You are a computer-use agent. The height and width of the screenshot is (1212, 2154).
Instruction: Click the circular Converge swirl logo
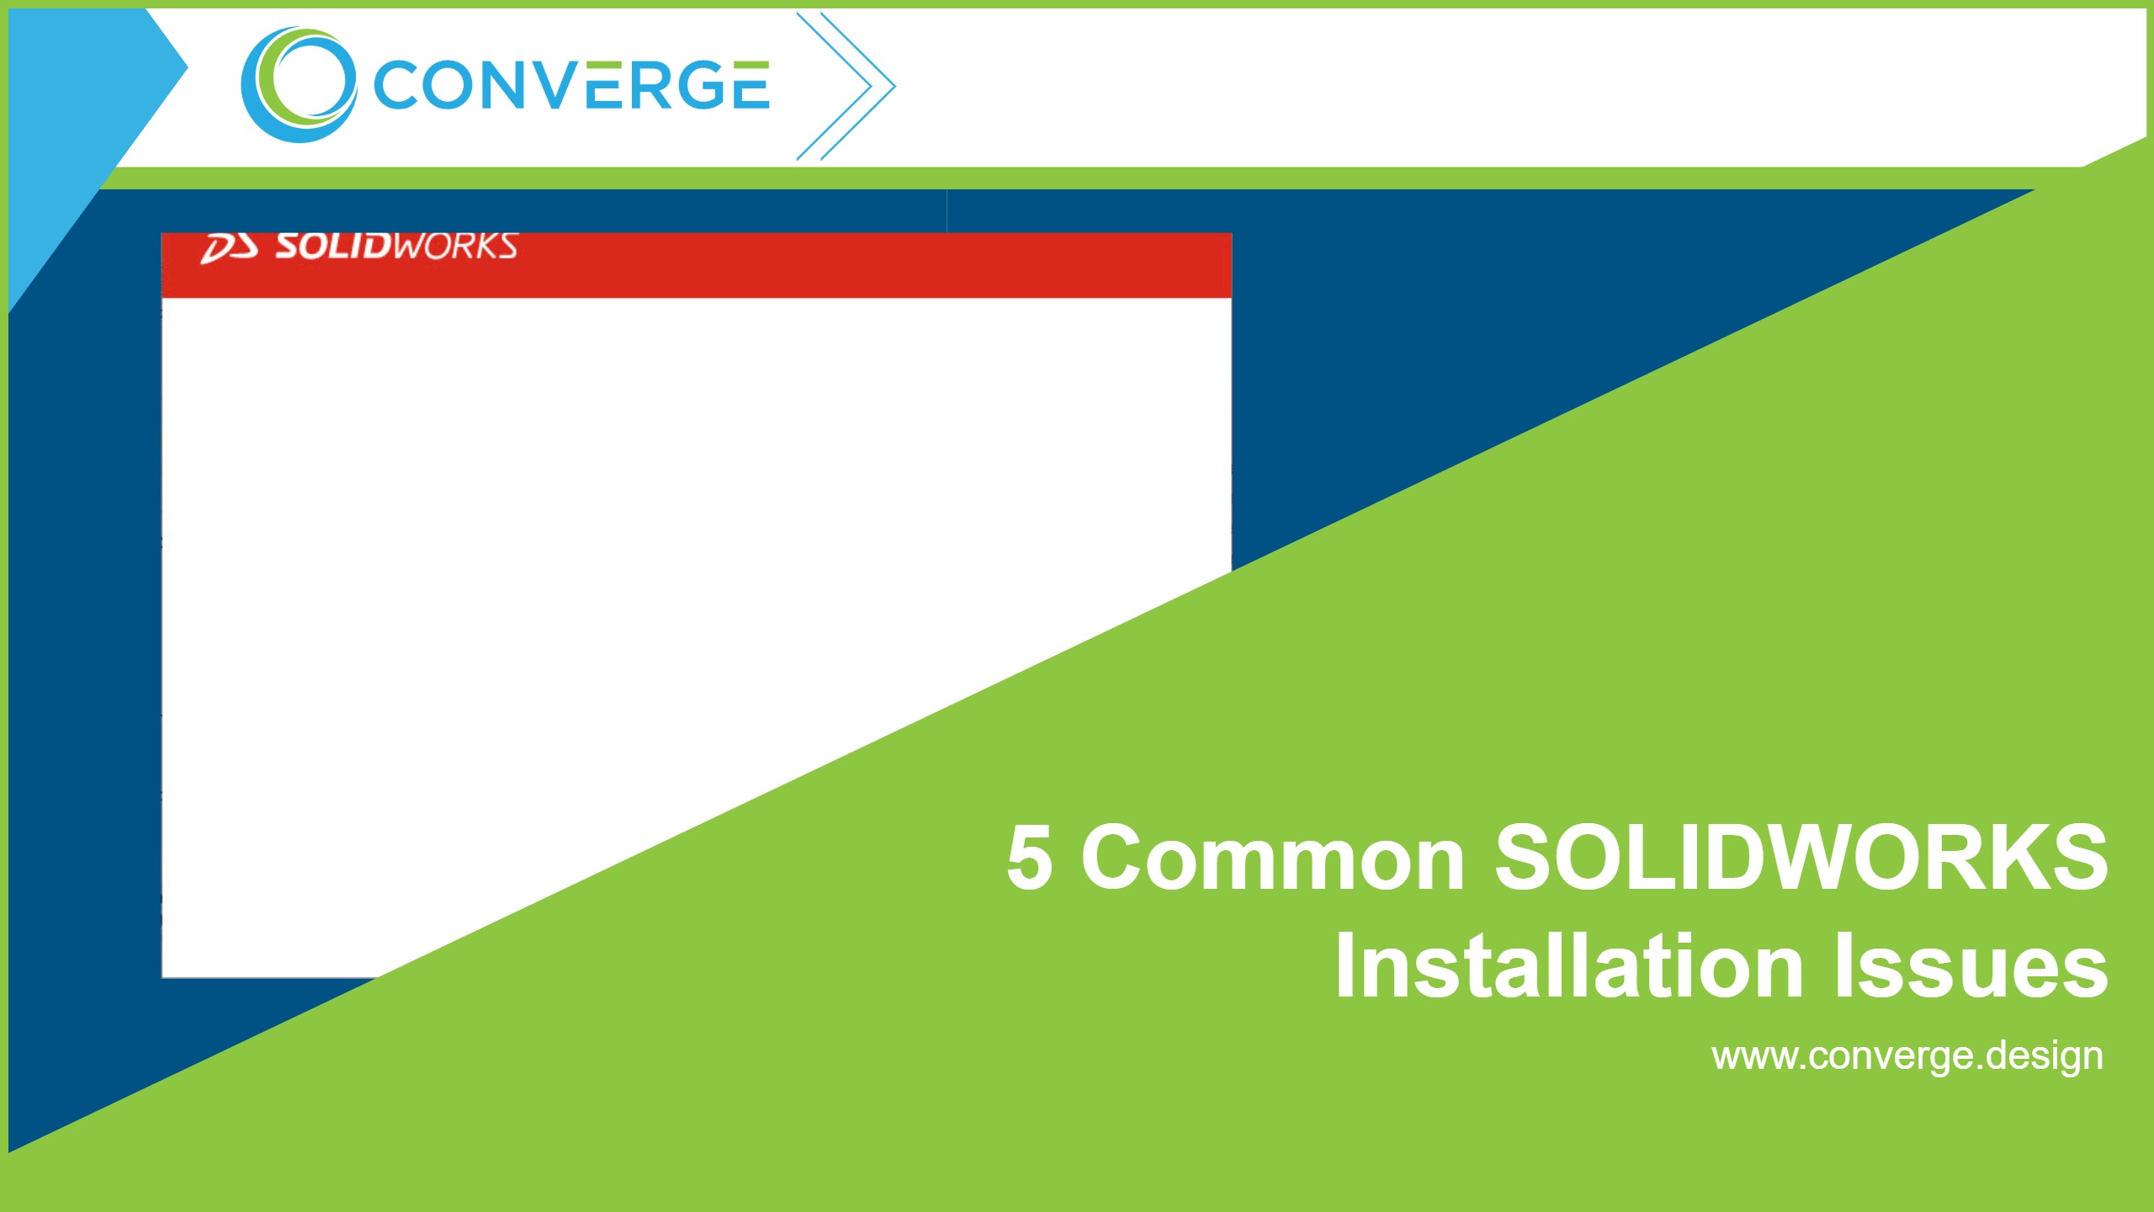click(298, 85)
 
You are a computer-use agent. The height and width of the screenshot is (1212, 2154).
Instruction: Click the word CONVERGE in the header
click(570, 85)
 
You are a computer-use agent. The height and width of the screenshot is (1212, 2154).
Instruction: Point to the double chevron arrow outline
click(846, 86)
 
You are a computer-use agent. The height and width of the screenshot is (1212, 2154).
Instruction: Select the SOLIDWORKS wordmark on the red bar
click(395, 246)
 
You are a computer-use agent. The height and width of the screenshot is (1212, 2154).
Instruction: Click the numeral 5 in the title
click(1029, 858)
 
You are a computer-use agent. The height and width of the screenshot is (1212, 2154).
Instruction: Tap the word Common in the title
click(1272, 858)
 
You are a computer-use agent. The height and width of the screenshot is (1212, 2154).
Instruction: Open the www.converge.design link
click(1907, 1055)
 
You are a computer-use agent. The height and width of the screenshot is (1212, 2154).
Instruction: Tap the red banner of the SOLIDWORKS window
click(841, 266)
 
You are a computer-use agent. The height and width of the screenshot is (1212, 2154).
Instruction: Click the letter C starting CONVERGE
click(396, 86)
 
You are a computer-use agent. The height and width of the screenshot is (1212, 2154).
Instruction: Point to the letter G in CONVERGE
click(699, 85)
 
